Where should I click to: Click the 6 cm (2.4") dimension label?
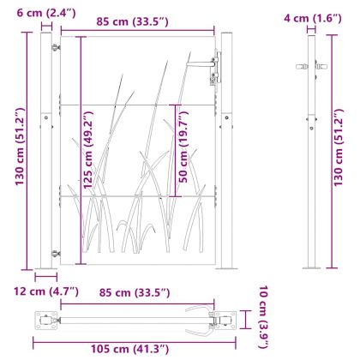pyautogui.click(x=46, y=13)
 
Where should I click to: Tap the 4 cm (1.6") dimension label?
pyautogui.click(x=313, y=18)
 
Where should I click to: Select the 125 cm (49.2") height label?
pyautogui.click(x=87, y=150)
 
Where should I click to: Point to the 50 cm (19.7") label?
pyautogui.click(x=183, y=147)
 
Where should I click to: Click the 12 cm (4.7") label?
pyautogui.click(x=46, y=291)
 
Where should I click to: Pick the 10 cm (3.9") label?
pyautogui.click(x=263, y=317)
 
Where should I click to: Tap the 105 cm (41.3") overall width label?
pyautogui.click(x=129, y=349)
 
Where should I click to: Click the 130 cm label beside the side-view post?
pyautogui.click(x=338, y=147)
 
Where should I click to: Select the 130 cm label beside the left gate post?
pyautogui.click(x=20, y=147)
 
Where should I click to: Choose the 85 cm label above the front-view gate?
pyautogui.click(x=132, y=21)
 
